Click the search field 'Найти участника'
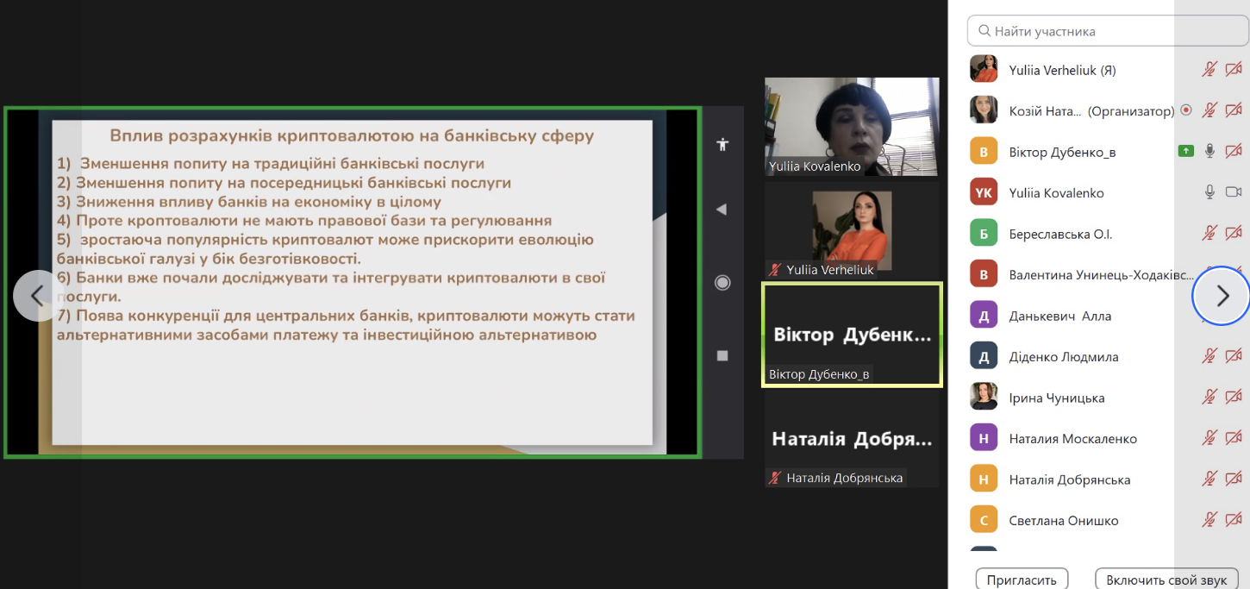[1107, 31]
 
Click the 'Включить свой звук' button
[1166, 580]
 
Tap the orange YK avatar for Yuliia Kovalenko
[984, 192]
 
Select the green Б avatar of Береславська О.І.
[984, 234]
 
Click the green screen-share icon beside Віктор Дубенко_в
[1186, 151]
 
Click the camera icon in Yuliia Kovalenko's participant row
[1234, 192]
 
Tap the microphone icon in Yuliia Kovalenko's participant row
[1209, 192]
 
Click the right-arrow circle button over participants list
[1221, 295]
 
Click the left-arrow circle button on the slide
[38, 295]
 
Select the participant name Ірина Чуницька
[1056, 398]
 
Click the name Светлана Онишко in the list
[1063, 520]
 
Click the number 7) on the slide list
[64, 316]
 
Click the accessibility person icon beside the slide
[722, 145]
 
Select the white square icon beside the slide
[722, 355]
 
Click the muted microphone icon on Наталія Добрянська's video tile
[774, 478]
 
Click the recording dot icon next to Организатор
[1186, 110]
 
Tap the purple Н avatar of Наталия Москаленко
[984, 438]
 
